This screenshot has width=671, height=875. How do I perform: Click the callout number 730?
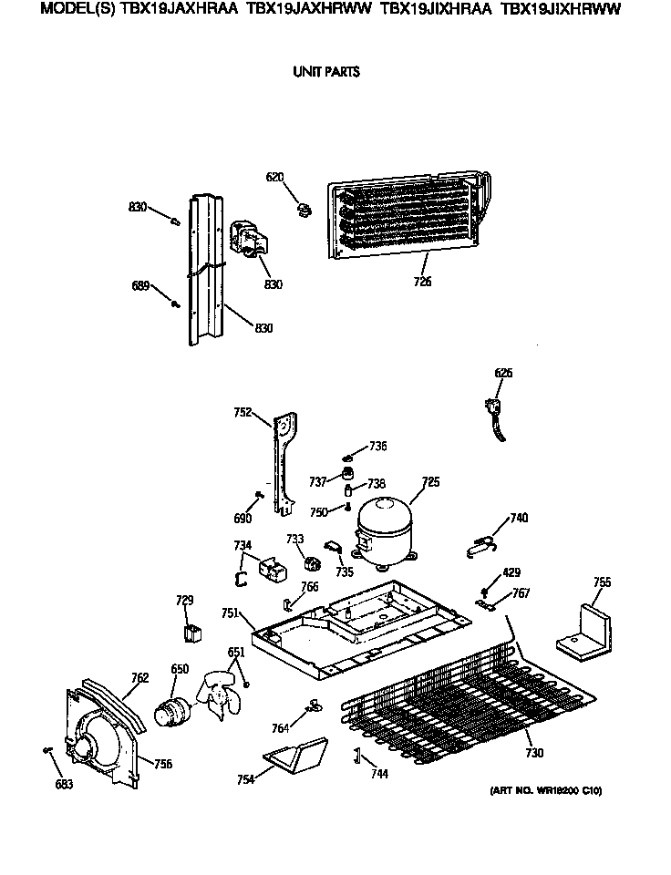[533, 753]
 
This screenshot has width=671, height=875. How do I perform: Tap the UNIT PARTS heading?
[325, 72]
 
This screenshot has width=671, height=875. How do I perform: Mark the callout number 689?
[140, 286]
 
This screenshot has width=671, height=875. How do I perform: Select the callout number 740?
[518, 519]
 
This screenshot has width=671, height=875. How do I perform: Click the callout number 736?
[377, 446]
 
